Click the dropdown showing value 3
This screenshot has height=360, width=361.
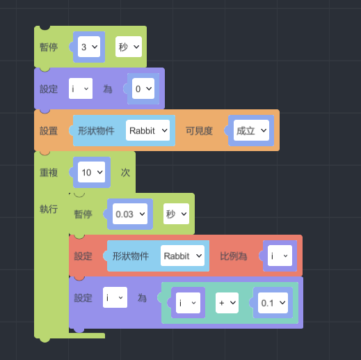(89, 47)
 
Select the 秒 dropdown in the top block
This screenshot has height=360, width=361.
(129, 47)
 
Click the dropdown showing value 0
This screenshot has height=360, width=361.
(143, 88)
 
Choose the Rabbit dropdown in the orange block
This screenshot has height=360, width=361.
(147, 130)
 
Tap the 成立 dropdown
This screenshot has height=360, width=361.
(251, 130)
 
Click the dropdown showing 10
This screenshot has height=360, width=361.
(92, 172)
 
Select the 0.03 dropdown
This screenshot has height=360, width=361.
(130, 214)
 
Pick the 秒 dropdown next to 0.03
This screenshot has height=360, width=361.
(176, 214)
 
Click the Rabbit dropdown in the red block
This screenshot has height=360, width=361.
(182, 256)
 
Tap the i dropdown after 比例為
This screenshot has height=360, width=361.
(280, 256)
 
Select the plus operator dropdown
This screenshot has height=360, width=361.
(227, 303)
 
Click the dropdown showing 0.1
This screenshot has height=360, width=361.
(273, 303)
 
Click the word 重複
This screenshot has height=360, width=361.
(49, 173)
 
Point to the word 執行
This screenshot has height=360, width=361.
(49, 209)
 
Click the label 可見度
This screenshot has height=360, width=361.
(199, 131)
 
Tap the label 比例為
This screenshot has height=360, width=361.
(233, 256)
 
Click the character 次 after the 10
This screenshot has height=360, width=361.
(125, 173)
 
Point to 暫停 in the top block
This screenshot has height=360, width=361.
(49, 47)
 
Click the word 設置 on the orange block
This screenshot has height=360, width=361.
(49, 131)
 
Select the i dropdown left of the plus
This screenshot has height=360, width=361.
(188, 303)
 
